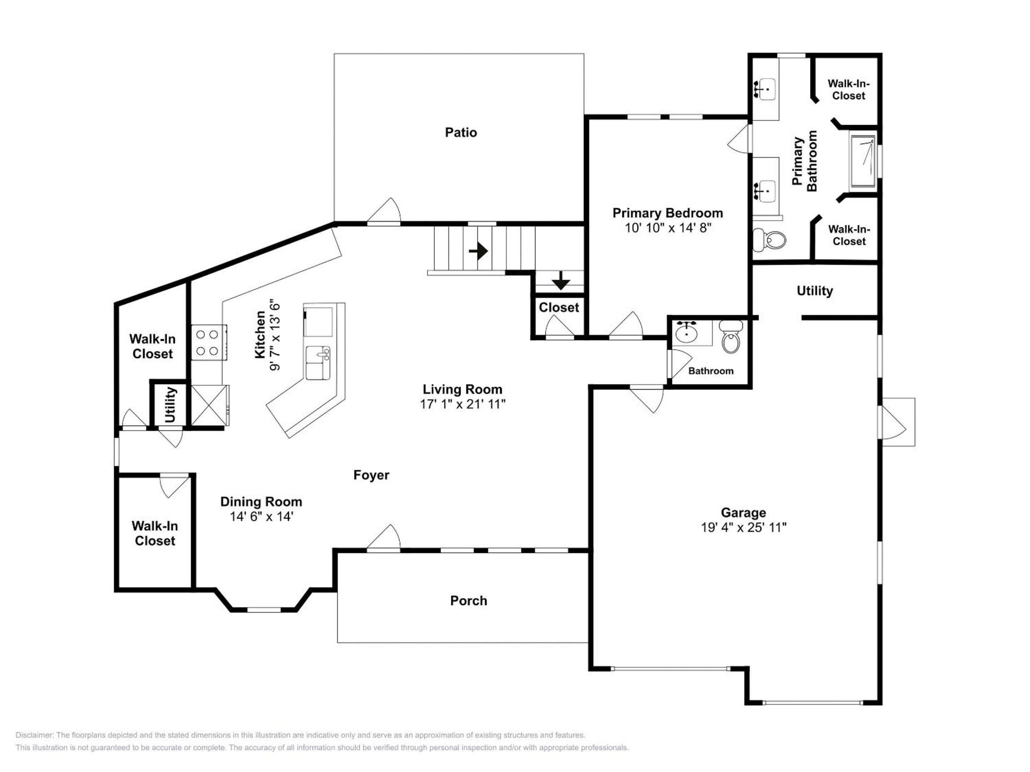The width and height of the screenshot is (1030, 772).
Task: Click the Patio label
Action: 461,133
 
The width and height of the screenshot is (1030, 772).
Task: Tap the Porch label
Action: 469,601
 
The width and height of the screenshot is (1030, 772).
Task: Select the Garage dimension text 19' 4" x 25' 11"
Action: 744,527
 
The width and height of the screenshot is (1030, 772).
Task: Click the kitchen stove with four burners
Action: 209,342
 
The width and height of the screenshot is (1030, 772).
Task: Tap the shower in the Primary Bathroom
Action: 863,162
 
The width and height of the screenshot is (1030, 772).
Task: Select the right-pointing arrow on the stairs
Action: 478,252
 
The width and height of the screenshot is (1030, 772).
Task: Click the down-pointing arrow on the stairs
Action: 561,280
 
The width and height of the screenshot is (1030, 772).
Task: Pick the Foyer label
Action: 371,475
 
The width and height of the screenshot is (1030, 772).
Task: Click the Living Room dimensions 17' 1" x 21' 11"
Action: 462,404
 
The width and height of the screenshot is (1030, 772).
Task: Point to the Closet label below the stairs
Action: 559,308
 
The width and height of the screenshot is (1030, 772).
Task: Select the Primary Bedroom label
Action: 668,213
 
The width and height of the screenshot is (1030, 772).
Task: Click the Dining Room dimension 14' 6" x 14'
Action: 261,516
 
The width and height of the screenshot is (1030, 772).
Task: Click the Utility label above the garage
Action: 814,291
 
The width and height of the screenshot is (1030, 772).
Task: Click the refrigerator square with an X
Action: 209,405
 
